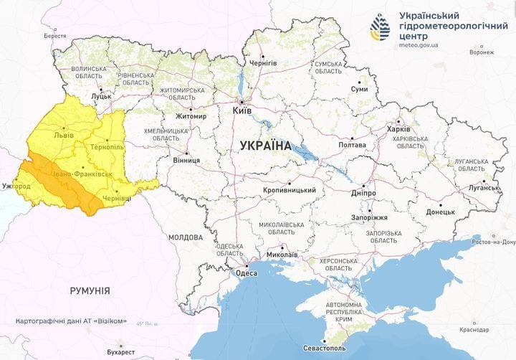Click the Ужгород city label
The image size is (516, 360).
15,186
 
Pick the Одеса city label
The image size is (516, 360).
246,272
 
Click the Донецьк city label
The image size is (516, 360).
441,212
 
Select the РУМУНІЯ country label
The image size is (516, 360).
90,290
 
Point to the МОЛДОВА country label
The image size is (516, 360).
186,237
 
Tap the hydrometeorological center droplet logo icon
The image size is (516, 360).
379,27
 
